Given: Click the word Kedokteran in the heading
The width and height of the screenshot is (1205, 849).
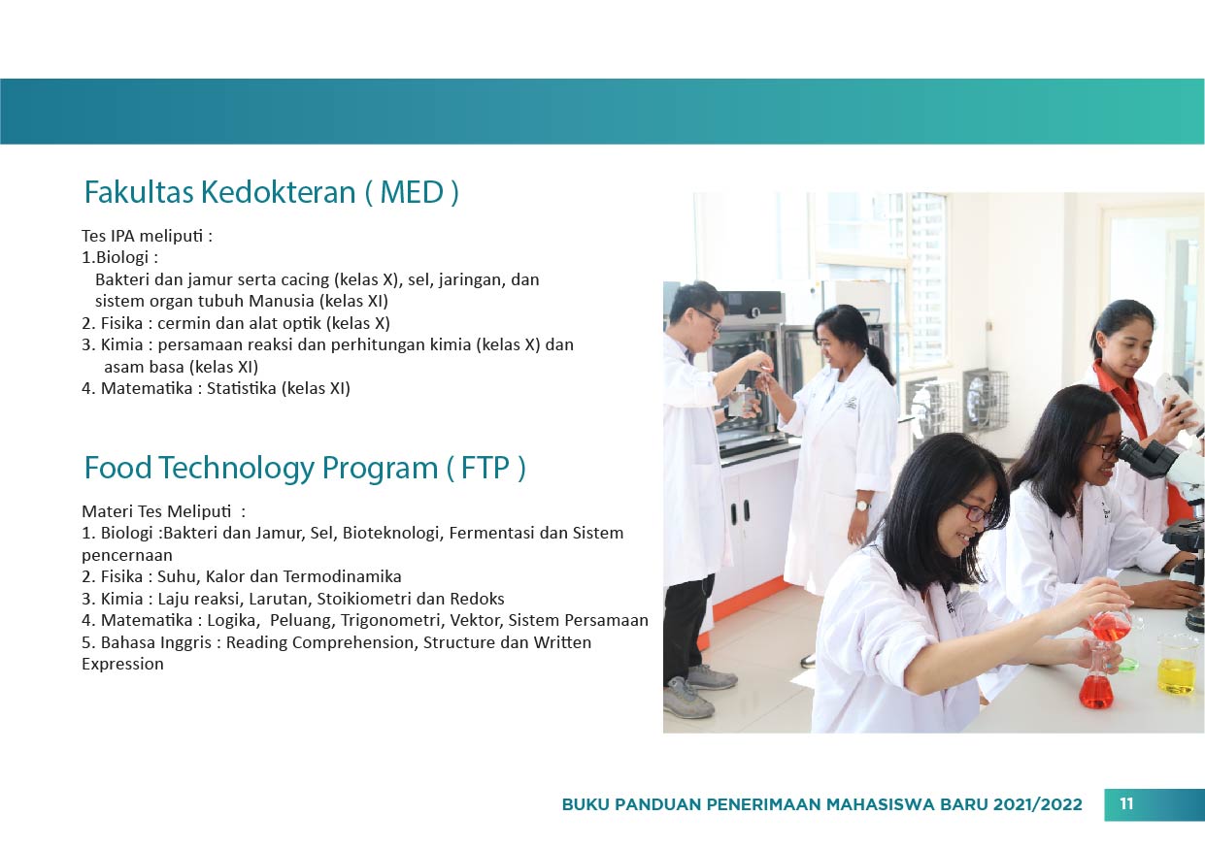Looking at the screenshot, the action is [x=278, y=192].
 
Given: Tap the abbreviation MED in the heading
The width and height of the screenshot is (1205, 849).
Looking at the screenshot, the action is [x=412, y=192].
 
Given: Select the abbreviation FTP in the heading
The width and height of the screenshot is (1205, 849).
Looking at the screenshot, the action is [x=485, y=468].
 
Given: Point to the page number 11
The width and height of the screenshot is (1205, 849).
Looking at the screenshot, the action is [x=1126, y=803].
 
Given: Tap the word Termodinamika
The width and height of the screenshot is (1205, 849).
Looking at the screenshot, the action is [x=342, y=576].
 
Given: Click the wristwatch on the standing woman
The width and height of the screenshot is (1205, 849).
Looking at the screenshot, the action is [x=862, y=506].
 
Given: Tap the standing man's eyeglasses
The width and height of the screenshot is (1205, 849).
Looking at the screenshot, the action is [x=709, y=318].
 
